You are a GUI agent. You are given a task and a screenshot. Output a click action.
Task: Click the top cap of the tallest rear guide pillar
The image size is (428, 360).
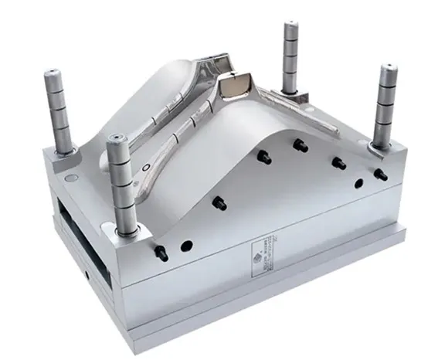pyautogui.click(x=291, y=28)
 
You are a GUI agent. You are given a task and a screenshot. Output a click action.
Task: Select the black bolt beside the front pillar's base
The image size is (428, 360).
pyautogui.click(x=160, y=251)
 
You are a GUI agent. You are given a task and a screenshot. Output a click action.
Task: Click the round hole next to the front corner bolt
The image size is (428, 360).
pyautogui.click(x=186, y=246)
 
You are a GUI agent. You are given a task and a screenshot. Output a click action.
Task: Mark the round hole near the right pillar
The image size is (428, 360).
pyautogui.click(x=358, y=183)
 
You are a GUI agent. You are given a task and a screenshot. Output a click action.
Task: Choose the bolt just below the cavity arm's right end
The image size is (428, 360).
pyautogui.click(x=298, y=143)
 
